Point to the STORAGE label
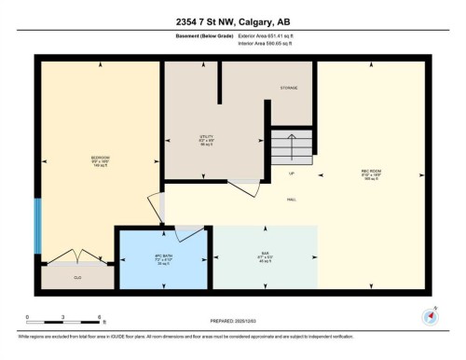pyautogui.click(x=289, y=88)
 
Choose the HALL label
pyautogui.click(x=291, y=199)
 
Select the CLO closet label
pyautogui.click(x=77, y=277)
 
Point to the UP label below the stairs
pyautogui.click(x=291, y=174)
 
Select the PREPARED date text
pyautogui.click(x=233, y=323)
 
